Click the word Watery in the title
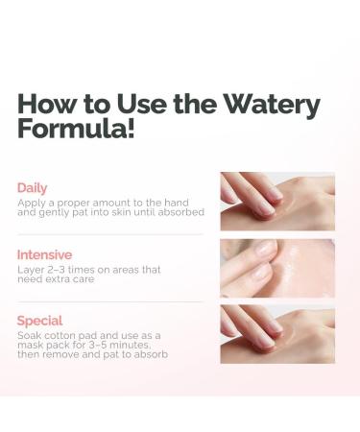[x=272, y=105]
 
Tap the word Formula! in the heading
[x=76, y=129]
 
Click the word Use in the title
[x=142, y=104]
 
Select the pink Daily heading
[x=32, y=188]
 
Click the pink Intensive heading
[x=44, y=255]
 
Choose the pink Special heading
[x=39, y=321]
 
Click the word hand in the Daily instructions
[x=177, y=203]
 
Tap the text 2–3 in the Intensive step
[x=56, y=270]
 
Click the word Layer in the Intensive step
[x=31, y=271]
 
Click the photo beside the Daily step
[x=277, y=202]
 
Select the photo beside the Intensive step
[x=277, y=268]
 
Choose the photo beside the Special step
[x=277, y=334]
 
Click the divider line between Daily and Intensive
[x=110, y=234]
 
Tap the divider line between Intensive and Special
[x=110, y=301]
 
